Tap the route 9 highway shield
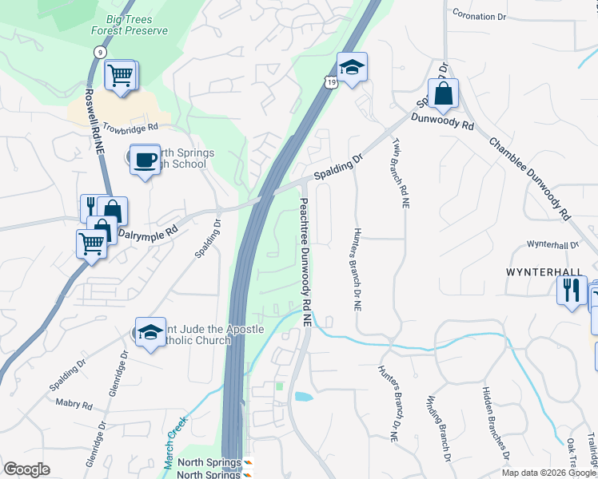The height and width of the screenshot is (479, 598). click(99, 51)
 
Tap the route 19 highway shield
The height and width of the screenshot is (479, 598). click(330, 81)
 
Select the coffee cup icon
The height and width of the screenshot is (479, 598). click(145, 160)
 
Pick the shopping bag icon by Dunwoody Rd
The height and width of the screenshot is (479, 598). click(442, 94)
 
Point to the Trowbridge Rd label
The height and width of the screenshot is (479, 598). click(132, 126)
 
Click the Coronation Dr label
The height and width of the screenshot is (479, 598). click(480, 14)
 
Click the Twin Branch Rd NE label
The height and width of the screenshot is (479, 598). click(401, 172)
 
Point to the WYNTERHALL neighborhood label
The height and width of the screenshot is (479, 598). click(544, 272)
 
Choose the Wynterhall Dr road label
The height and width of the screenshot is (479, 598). click(552, 244)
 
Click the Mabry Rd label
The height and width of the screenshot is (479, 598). click(74, 404)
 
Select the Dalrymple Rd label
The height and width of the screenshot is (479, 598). click(148, 233)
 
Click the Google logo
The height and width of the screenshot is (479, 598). click(26, 469)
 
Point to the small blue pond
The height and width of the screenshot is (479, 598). click(303, 396)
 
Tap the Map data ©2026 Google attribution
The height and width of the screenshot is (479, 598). click(549, 473)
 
